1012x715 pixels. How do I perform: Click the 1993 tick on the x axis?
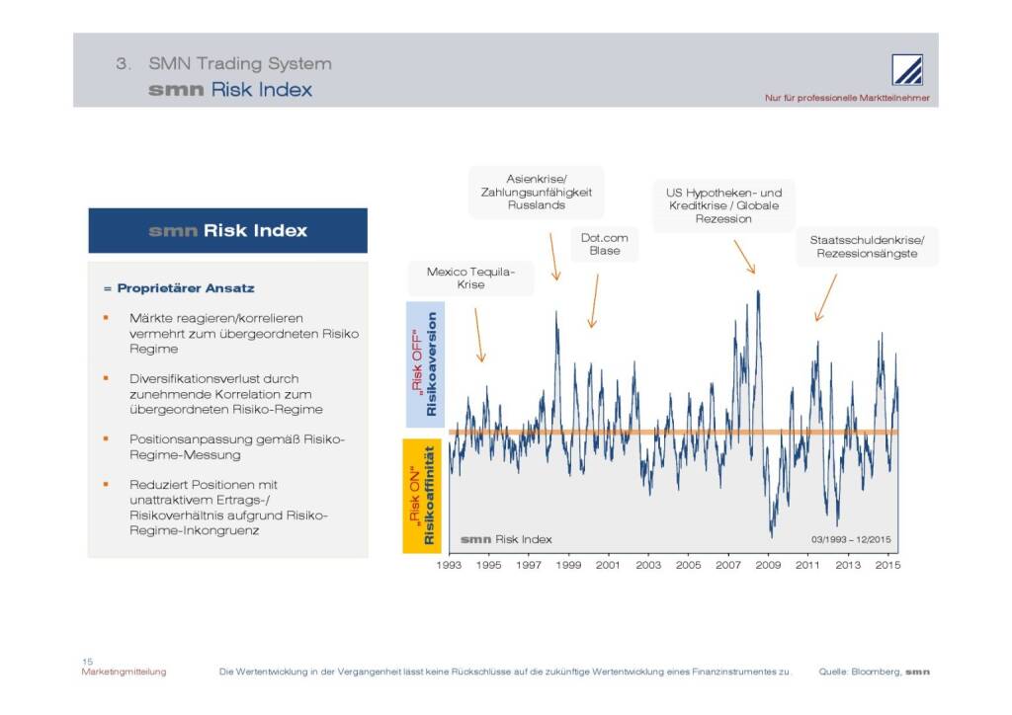[x=449, y=566]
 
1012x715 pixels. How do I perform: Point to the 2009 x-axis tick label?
[x=769, y=566]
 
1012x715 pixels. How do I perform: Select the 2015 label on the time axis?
[x=888, y=566]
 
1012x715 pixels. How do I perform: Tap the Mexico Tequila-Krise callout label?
[x=470, y=278]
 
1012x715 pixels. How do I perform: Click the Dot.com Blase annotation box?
[x=605, y=244]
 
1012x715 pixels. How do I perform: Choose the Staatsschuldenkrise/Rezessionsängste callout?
[x=867, y=247]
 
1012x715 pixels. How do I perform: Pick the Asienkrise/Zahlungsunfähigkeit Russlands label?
[x=536, y=192]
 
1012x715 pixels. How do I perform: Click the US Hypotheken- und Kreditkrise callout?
[x=723, y=205]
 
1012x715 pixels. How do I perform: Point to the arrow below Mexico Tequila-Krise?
[x=479, y=336]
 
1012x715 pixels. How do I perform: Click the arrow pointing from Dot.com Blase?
[x=594, y=301]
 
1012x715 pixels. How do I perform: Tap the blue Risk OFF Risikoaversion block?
[x=424, y=363]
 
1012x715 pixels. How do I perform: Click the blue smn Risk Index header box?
[x=227, y=231]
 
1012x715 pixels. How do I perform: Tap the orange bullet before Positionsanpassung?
[x=106, y=437]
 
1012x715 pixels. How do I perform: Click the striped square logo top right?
[x=907, y=70]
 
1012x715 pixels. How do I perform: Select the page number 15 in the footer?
[x=87, y=661]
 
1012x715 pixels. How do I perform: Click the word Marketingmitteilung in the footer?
[x=124, y=672]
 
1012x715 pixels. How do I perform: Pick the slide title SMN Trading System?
[x=239, y=63]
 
